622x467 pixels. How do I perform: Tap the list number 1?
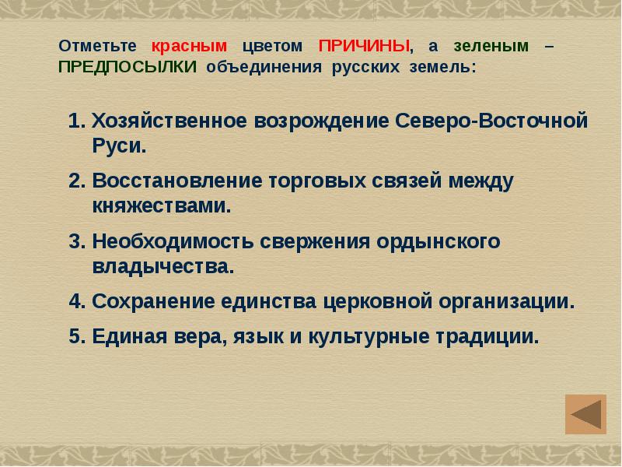pyautogui.click(x=75, y=122)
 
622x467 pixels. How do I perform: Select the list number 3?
pyautogui.click(x=75, y=242)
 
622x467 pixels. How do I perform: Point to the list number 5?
pyautogui.click(x=75, y=338)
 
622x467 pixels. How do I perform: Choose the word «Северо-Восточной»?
pyautogui.click(x=489, y=122)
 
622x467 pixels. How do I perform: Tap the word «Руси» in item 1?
pyautogui.click(x=115, y=146)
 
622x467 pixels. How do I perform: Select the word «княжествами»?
pyautogui.click(x=159, y=206)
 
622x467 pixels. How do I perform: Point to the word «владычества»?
pyautogui.click(x=160, y=266)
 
